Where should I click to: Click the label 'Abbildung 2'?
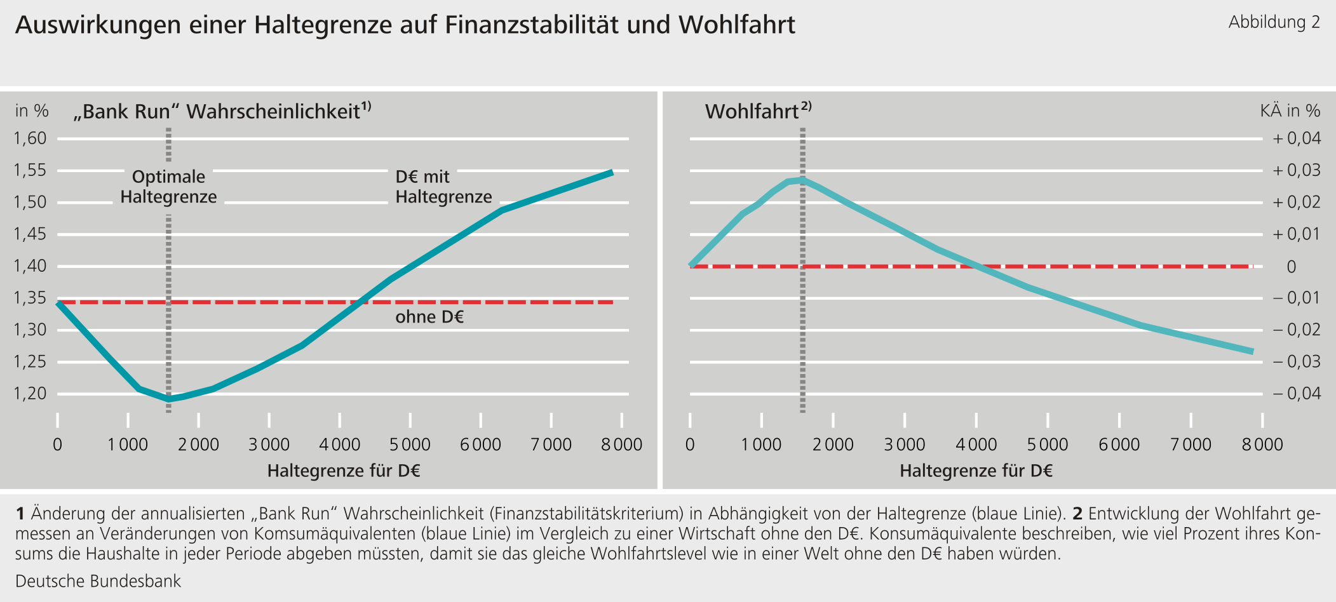(x=1274, y=23)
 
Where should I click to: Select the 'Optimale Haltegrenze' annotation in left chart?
(x=168, y=187)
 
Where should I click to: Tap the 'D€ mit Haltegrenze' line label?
(x=443, y=187)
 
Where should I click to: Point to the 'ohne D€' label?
(x=429, y=317)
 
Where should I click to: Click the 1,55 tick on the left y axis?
(x=30, y=170)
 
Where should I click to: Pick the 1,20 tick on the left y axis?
(x=30, y=394)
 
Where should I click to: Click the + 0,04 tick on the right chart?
(x=1296, y=138)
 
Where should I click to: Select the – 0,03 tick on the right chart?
(x=1296, y=361)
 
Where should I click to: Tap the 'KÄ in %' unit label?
(x=1290, y=111)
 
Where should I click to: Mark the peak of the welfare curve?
(x=802, y=180)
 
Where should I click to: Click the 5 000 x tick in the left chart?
(x=410, y=445)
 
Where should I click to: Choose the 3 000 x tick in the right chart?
(x=905, y=445)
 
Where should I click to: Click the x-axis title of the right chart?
(x=976, y=471)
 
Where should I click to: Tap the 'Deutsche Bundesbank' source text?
(x=98, y=581)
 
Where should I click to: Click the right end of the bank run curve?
(x=612, y=172)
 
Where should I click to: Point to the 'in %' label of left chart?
(x=32, y=111)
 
